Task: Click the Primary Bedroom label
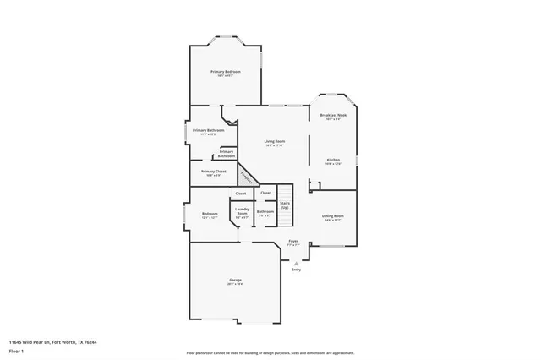[226, 72]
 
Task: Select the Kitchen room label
[333, 161]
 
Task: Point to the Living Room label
[274, 142]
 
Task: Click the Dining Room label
[333, 217]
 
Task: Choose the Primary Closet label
[213, 172]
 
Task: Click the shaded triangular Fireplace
[246, 176]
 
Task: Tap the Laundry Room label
[242, 212]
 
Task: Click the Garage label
[235, 281]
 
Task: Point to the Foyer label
[293, 242]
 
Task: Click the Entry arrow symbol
[296, 261]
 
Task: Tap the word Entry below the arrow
[296, 270]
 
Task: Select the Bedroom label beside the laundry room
[210, 215]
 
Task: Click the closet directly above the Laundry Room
[240, 194]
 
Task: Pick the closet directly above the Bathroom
[265, 194]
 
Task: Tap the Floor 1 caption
[17, 351]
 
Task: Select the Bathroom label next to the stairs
[265, 212]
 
